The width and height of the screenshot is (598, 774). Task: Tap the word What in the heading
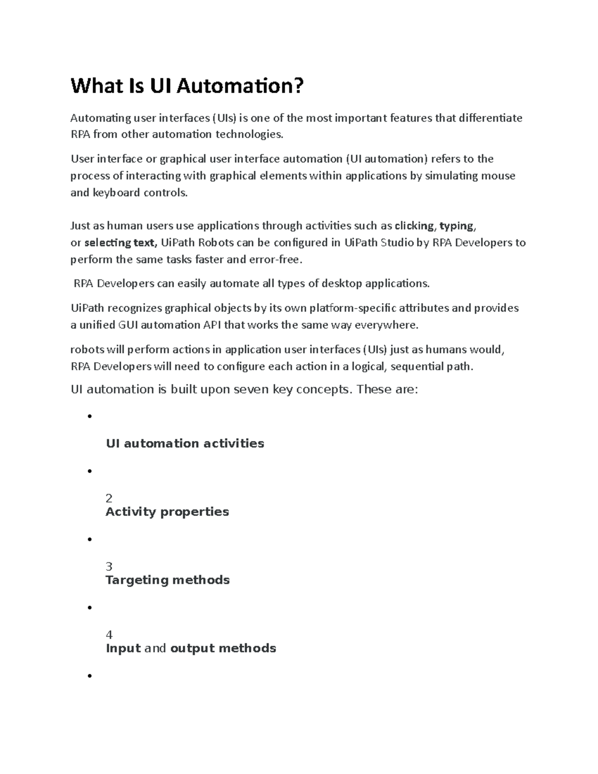97,86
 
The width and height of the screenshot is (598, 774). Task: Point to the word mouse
498,176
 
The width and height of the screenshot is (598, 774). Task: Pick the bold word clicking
414,226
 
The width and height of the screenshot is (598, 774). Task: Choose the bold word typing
456,226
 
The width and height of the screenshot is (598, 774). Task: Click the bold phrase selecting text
120,243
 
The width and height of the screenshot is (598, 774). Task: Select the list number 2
109,498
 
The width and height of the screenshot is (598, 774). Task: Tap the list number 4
109,634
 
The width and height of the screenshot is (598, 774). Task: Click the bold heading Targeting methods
167,580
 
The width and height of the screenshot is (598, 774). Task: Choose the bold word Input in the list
123,648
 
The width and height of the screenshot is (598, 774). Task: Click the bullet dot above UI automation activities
90,416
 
